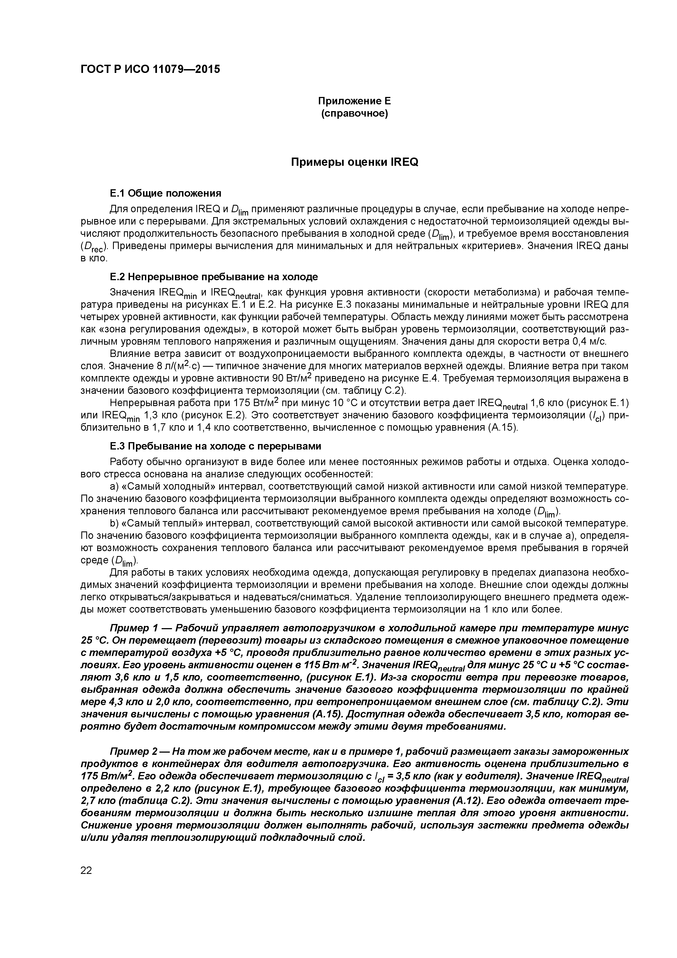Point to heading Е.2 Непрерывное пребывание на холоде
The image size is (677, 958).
213,277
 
